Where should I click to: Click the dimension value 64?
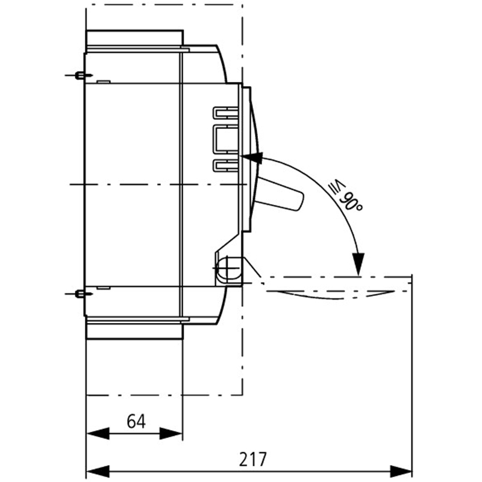point(136,421)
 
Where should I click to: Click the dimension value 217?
point(252,459)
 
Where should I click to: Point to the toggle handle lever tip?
point(298,201)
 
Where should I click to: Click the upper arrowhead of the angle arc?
point(252,158)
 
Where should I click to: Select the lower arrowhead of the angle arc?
point(358,264)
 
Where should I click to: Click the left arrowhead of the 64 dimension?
point(98,433)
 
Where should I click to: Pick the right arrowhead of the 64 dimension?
point(171,433)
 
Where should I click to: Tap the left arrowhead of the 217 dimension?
point(98,472)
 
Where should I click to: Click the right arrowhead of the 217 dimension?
point(401,472)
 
